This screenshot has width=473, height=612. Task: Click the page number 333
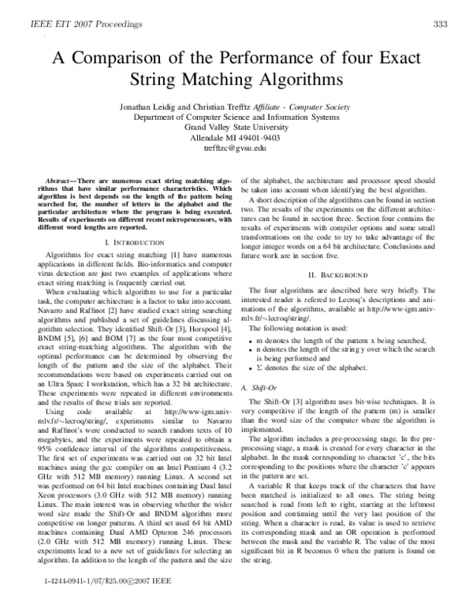click(x=441, y=24)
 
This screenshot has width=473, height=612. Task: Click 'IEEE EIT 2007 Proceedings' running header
click(x=86, y=24)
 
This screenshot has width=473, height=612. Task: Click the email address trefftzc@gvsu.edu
click(x=236, y=147)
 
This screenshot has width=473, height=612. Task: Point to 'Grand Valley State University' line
click(x=236, y=125)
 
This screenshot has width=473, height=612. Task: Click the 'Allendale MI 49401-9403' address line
click(x=236, y=136)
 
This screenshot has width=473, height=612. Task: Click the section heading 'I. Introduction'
click(x=129, y=243)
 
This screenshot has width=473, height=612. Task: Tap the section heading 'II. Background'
click(x=337, y=274)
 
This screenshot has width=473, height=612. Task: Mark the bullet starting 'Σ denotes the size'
click(x=312, y=368)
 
